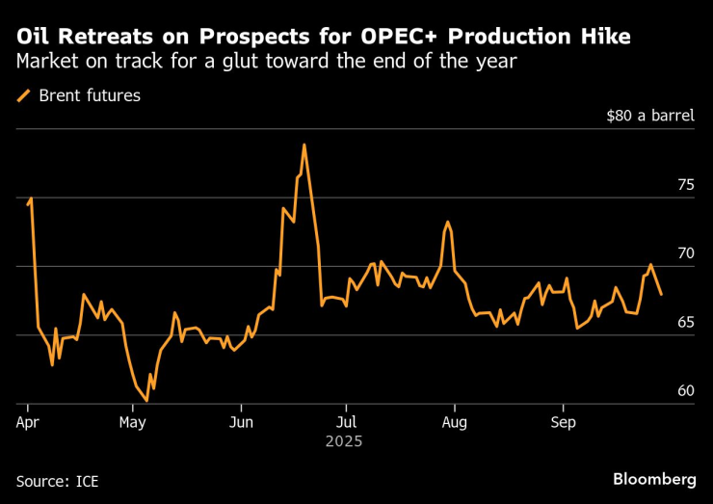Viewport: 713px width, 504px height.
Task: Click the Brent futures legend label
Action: (x=90, y=95)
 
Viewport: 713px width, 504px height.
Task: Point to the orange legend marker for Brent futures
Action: (x=24, y=95)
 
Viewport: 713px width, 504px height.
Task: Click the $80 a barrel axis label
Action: (x=649, y=116)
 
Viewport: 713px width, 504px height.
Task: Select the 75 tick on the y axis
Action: (x=685, y=185)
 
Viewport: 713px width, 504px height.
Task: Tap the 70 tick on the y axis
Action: (x=685, y=253)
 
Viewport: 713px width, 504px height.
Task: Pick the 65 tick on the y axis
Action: (x=685, y=322)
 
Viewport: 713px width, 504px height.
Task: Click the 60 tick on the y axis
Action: (x=685, y=391)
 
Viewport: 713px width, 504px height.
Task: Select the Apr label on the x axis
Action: (x=28, y=422)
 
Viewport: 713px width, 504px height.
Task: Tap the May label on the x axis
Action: (x=133, y=422)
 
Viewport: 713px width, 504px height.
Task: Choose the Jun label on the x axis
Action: (x=242, y=422)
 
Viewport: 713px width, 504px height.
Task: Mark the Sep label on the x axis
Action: (x=563, y=422)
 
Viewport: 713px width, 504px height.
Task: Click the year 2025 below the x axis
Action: (x=344, y=441)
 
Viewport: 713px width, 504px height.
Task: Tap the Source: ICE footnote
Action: (x=57, y=480)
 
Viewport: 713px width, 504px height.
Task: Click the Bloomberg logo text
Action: (x=654, y=479)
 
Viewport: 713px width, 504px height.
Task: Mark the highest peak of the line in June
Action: (x=304, y=145)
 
